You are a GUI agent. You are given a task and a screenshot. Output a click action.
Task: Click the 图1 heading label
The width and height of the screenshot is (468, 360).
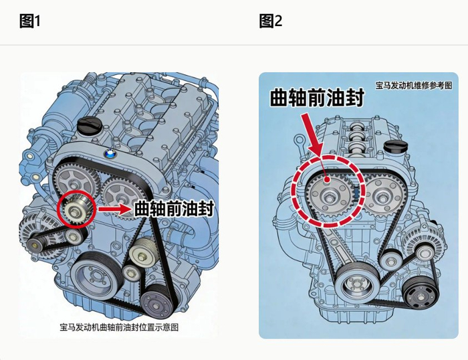pyautogui.click(x=29, y=21)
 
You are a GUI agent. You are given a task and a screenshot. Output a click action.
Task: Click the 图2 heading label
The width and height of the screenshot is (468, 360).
pyautogui.click(x=270, y=21)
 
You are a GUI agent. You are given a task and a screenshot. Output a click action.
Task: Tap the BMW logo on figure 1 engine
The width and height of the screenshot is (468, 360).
pyautogui.click(x=110, y=154)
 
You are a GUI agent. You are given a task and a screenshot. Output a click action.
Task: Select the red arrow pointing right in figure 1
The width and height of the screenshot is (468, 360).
pyautogui.click(x=114, y=209)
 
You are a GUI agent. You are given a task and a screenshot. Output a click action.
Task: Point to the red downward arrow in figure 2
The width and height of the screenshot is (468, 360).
pyautogui.click(x=313, y=135)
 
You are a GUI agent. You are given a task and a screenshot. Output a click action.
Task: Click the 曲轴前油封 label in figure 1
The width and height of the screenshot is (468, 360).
pyautogui.click(x=173, y=209)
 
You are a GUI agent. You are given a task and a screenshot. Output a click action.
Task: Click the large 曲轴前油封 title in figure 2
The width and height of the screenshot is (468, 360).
pyautogui.click(x=317, y=97)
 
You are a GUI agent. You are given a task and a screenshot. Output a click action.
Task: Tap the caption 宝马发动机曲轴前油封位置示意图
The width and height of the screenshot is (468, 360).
pyautogui.click(x=119, y=327)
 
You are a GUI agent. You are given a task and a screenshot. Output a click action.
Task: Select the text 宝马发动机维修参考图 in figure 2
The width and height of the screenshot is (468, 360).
pyautogui.click(x=414, y=86)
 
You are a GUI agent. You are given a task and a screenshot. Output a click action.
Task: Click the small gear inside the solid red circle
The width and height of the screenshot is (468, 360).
pyautogui.click(x=76, y=209)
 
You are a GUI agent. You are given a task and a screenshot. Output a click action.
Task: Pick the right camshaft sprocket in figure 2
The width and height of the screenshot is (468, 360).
pyautogui.click(x=382, y=197)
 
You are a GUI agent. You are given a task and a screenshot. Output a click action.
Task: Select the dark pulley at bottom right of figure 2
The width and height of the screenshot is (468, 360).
pyautogui.click(x=421, y=296)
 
